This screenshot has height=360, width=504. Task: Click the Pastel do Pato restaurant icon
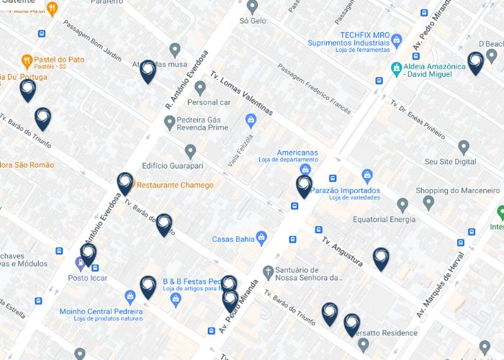tap(27, 60)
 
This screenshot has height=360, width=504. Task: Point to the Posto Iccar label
tap(88, 278)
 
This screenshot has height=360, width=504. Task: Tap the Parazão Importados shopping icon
tap(367, 176)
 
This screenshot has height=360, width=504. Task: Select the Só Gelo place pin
tap(252, 6)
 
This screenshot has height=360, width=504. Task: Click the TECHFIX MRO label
tap(365, 35)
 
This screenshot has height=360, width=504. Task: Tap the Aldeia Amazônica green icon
tap(395, 68)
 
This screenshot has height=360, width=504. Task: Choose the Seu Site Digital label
tap(450, 162)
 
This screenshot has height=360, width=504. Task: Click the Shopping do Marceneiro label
tap(457, 190)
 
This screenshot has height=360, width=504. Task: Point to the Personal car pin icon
tap(200, 88)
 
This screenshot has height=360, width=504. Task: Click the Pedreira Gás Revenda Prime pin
tap(170, 123)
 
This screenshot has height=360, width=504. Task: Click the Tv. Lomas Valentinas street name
tap(241, 93)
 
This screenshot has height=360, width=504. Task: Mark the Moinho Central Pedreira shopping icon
tap(130, 296)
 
